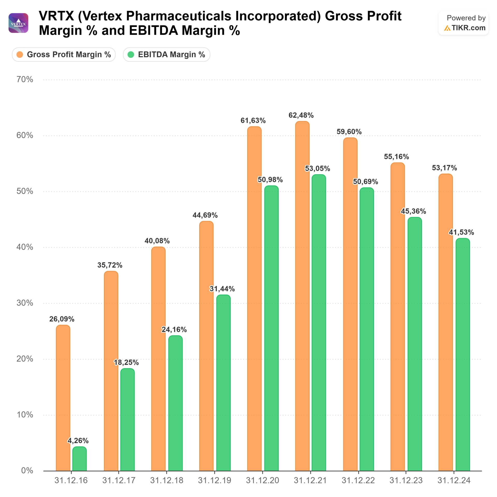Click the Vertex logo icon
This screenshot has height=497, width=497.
(18, 23)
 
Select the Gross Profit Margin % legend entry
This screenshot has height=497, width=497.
(64, 55)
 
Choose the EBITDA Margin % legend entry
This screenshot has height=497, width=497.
(166, 55)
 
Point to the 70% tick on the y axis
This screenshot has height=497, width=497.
(25, 79)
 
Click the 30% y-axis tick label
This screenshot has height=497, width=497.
(25, 303)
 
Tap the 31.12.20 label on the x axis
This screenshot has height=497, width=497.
(262, 480)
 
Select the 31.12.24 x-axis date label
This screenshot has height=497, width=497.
(454, 480)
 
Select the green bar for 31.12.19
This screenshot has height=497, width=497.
(223, 383)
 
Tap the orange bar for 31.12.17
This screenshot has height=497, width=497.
(111, 370)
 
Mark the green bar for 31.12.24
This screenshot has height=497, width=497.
(463, 355)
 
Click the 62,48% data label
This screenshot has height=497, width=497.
(301, 115)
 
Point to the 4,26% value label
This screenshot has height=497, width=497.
(78, 441)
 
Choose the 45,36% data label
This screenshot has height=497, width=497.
(413, 211)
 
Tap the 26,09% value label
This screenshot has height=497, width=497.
(62, 319)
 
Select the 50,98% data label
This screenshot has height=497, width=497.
(270, 180)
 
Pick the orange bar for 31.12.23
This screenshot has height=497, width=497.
(397, 316)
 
